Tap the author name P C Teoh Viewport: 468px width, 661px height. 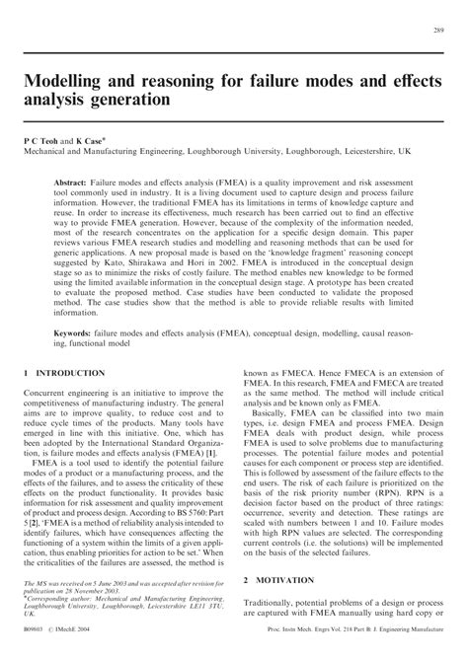pos(44,142)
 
